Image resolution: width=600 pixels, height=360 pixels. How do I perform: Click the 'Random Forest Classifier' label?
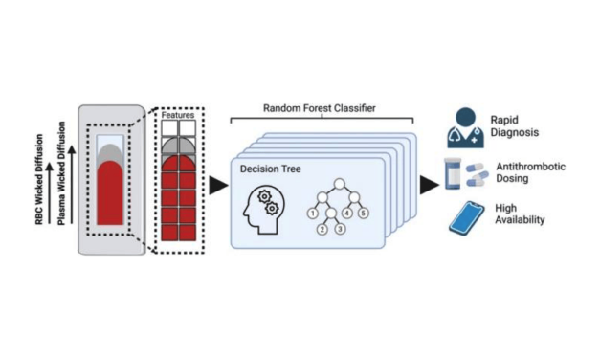pos(322,109)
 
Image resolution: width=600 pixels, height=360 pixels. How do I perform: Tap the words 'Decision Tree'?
pos(272,168)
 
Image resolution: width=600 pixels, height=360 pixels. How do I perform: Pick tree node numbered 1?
pos(311,213)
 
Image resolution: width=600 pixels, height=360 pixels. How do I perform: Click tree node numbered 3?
pos(338,229)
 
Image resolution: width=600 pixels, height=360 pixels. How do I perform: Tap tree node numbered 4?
pos(348,213)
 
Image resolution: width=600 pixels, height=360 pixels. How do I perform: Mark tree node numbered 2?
pos(323,229)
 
